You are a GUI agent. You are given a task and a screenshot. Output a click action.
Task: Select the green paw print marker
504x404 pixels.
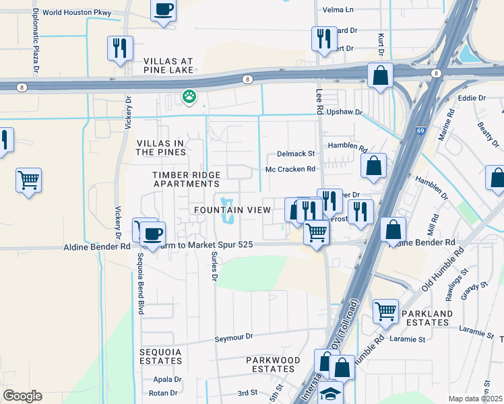click(189, 97)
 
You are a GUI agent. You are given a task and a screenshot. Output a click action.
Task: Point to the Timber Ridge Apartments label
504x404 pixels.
click(187, 179)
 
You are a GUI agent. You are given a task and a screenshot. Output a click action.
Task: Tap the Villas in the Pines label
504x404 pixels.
click(160, 147)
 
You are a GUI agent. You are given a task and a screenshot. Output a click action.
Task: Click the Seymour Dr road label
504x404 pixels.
click(233, 337)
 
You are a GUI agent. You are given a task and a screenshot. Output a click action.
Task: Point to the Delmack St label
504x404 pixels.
click(296, 154)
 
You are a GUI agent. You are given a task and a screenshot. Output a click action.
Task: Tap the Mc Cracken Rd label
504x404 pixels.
click(290, 170)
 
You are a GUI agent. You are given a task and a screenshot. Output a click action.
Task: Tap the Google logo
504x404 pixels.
click(22, 396)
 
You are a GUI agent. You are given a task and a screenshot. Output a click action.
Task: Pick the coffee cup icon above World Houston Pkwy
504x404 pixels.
click(164, 10)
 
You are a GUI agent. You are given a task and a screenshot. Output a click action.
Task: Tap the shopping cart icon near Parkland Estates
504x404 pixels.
click(385, 310)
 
